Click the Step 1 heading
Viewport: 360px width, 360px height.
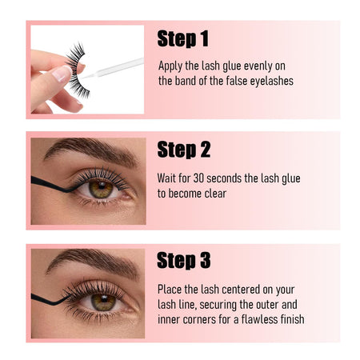(x=183, y=38)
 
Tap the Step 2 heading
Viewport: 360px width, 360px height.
(x=184, y=150)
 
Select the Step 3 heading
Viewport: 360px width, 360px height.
(x=184, y=260)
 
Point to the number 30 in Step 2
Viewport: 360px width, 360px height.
(x=198, y=178)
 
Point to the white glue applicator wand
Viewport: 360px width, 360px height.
(x=112, y=69)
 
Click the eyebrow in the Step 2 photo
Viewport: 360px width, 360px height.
(x=90, y=151)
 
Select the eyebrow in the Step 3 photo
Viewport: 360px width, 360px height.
(x=92, y=262)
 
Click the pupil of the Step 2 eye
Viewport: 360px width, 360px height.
(x=102, y=186)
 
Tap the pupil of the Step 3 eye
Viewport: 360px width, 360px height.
(x=104, y=299)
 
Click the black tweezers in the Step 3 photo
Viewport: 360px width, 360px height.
(x=50, y=299)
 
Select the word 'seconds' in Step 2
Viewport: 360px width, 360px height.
(x=224, y=178)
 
